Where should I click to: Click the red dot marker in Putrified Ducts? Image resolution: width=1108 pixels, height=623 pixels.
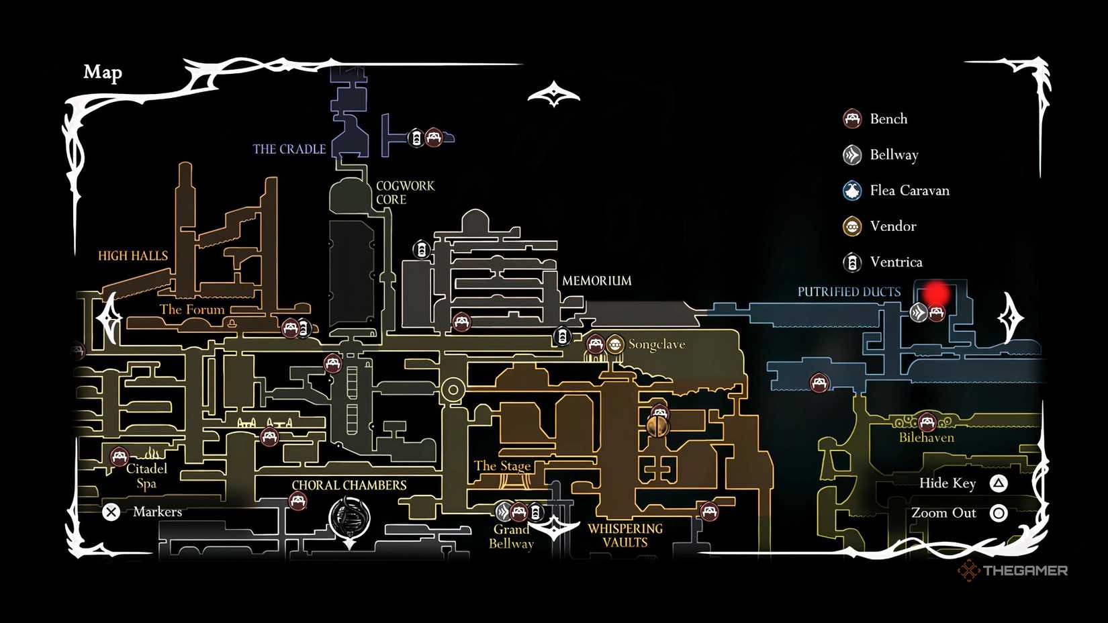coord(935,293)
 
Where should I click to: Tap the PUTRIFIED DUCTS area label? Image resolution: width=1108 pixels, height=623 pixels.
coord(849,292)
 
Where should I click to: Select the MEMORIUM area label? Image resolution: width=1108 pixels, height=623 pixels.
coord(596,281)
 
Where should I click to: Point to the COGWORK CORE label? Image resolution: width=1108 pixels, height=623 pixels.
coord(404,193)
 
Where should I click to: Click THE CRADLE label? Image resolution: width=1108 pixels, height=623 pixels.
coord(289,149)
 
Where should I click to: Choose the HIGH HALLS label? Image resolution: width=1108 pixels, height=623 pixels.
coord(132,256)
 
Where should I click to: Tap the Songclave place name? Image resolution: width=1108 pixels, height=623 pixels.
coord(656,344)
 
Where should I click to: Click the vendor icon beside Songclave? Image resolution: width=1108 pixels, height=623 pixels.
coord(615,344)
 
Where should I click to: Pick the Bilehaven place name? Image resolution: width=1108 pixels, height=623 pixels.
coord(926,438)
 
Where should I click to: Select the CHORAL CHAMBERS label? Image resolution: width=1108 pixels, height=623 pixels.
coord(349,485)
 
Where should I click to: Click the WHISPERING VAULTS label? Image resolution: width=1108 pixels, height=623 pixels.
coord(625,536)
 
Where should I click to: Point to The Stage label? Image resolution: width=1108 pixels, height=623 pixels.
coord(502,466)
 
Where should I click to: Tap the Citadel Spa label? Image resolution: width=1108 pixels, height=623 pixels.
coord(146,476)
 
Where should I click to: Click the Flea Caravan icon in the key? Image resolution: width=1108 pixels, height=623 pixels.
coord(852,191)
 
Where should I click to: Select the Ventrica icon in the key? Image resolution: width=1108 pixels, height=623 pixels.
coord(852,262)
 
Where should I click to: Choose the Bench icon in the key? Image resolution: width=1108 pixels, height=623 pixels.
coord(852,119)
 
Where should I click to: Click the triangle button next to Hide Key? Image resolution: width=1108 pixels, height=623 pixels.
coord(999,483)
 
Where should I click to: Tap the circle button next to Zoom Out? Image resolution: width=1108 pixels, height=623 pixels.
coord(999,514)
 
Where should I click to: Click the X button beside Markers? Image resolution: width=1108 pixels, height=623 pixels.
coord(111,512)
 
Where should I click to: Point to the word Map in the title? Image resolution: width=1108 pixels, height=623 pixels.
coord(103,72)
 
